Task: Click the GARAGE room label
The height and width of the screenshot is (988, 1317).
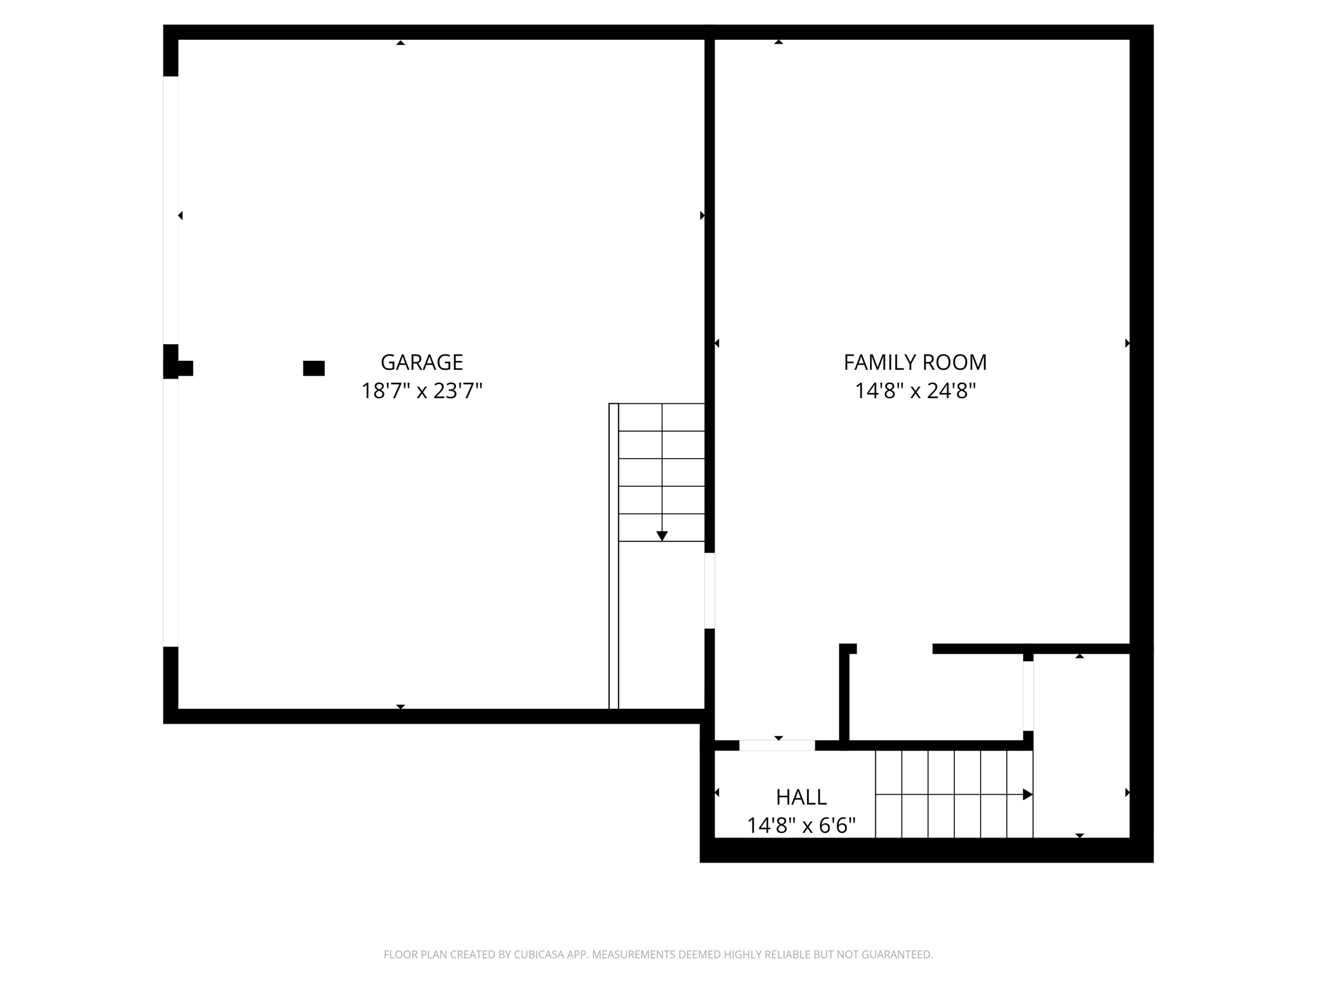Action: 421,362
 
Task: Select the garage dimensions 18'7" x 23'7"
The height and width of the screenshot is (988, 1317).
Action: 421,390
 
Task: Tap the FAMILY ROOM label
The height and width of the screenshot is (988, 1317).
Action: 914,362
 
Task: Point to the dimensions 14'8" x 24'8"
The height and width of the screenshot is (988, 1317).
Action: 914,390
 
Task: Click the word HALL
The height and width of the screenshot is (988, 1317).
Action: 801,797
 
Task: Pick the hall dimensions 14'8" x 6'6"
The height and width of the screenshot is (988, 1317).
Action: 801,825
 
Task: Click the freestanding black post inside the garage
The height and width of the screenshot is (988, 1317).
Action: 314,368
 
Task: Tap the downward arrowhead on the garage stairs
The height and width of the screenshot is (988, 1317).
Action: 662,536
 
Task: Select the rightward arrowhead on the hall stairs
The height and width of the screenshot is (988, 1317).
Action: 1027,794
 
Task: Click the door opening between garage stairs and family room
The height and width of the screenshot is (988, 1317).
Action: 709,590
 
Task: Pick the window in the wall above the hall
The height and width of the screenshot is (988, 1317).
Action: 777,746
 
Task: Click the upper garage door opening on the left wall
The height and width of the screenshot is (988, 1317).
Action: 170,210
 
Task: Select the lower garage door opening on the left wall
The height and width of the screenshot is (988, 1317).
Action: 170,513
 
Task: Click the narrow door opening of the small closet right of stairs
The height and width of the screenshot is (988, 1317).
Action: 1028,696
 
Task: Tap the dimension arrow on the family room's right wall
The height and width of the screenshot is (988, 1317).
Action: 1127,343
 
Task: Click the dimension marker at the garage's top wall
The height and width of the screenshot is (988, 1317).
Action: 401,43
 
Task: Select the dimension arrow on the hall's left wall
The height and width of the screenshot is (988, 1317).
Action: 717,792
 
